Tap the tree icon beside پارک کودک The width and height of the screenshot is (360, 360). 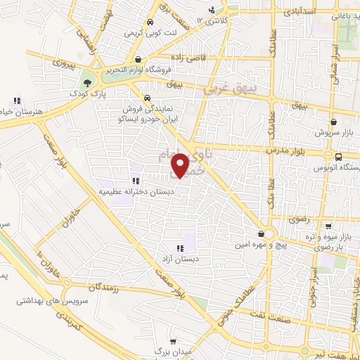[x=87, y=82]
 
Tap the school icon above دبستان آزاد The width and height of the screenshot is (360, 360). [x=180, y=247]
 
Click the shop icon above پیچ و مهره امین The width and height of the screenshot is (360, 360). [x=262, y=233]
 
